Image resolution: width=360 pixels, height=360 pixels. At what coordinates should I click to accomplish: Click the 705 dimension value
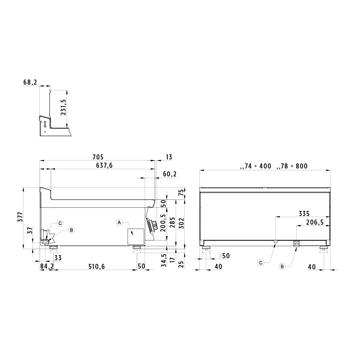click(98, 157)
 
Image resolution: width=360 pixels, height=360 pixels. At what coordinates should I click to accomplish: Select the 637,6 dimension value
click(104, 166)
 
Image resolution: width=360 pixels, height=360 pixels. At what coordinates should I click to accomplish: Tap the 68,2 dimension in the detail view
click(30, 82)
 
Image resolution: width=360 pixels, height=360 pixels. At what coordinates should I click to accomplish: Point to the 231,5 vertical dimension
click(63, 107)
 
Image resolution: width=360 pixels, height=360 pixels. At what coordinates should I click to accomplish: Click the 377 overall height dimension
click(20, 217)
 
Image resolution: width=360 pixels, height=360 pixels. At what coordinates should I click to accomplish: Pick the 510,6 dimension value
click(96, 266)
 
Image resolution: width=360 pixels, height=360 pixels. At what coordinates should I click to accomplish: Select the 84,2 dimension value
click(47, 266)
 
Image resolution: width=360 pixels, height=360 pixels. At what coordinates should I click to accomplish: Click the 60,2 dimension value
click(170, 174)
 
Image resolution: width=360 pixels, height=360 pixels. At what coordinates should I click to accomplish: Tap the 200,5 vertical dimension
click(163, 223)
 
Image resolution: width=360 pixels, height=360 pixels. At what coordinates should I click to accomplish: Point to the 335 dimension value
click(304, 214)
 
